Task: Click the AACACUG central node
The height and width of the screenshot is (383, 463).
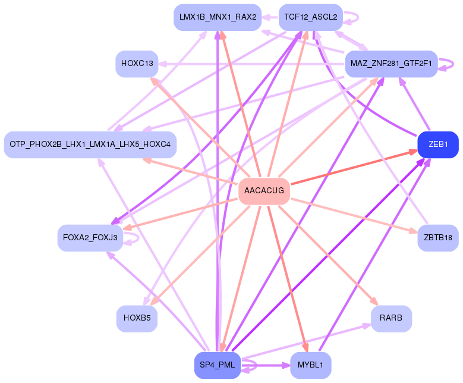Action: (264, 191)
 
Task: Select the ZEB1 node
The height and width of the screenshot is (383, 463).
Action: (438, 145)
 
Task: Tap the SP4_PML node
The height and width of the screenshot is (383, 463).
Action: (217, 365)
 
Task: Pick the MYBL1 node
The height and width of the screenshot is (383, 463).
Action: (310, 365)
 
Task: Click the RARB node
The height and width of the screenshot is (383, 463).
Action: (391, 318)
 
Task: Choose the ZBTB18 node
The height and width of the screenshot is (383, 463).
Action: (438, 237)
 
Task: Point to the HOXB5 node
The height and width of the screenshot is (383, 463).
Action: (137, 318)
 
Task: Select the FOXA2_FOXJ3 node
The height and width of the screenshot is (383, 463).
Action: (90, 237)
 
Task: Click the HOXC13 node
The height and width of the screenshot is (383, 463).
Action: (137, 64)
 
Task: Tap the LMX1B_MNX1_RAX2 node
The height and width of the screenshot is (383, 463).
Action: (217, 17)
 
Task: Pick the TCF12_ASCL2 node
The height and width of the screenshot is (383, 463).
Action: (310, 17)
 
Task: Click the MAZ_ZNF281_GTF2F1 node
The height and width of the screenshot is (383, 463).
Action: (391, 64)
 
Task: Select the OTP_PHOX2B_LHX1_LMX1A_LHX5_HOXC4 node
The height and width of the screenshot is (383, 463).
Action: (90, 145)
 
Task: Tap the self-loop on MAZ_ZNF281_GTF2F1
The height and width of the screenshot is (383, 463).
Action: (445, 64)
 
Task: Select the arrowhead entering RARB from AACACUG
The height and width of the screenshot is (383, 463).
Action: (374, 302)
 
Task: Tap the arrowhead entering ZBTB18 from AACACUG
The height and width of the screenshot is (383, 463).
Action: (414, 231)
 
